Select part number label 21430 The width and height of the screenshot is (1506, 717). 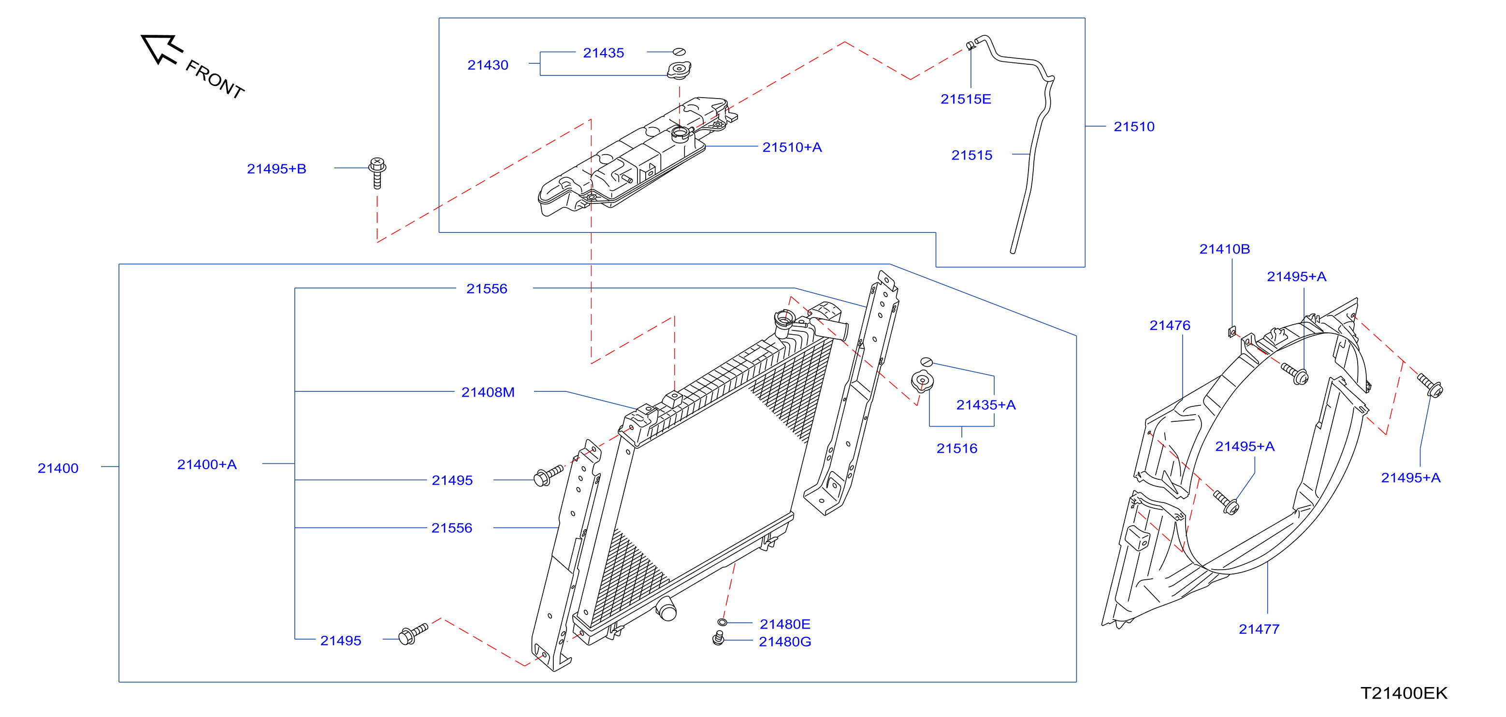[x=488, y=65]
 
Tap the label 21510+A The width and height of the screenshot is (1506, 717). [x=792, y=147]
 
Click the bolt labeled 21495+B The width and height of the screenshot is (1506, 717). [x=377, y=173]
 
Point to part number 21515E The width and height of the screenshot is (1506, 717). [x=965, y=100]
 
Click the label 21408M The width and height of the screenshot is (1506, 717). [x=488, y=392]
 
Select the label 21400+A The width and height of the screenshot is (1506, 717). [x=206, y=465]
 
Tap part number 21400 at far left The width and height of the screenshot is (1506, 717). [x=58, y=468]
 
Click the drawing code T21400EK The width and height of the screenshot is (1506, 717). [x=1404, y=693]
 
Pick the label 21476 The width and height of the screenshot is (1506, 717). [x=1169, y=326]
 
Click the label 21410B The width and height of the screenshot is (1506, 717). [x=1224, y=249]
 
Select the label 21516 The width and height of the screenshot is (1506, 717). [x=956, y=448]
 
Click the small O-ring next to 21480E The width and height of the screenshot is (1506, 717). [x=722, y=622]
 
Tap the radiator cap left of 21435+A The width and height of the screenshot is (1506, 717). [x=922, y=381]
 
